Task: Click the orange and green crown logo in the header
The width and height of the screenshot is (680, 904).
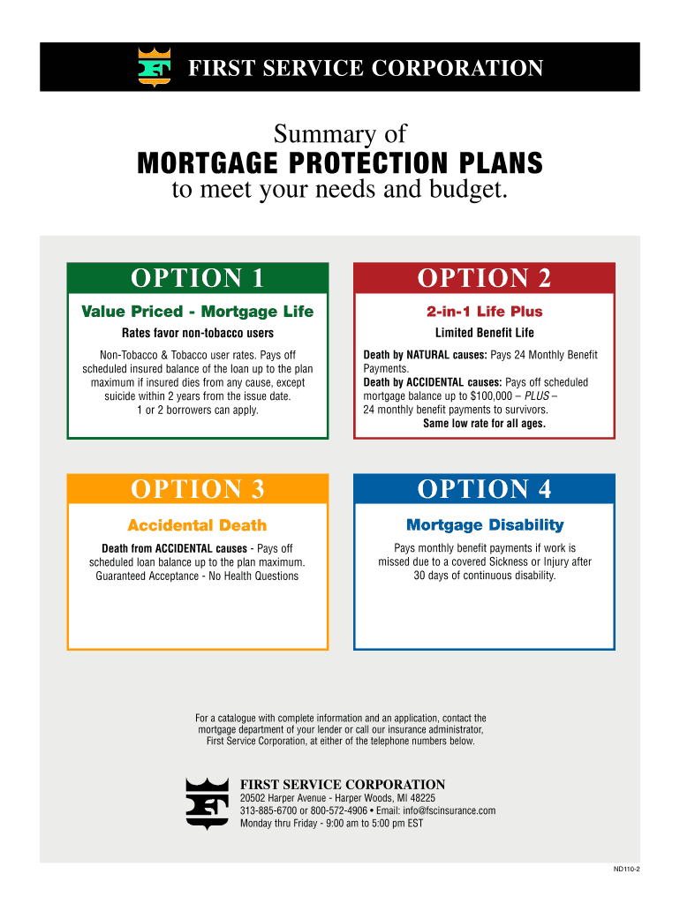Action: (154, 67)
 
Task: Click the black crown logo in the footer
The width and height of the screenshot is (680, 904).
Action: (207, 803)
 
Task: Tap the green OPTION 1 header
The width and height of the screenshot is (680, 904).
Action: (197, 278)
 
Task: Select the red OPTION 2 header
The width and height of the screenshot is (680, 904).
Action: (484, 278)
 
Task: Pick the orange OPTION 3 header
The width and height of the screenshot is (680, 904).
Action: (197, 489)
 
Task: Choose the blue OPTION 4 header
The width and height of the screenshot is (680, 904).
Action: (484, 489)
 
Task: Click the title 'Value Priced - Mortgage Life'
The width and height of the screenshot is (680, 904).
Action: (197, 312)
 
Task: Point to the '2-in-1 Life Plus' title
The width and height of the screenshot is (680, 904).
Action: (485, 312)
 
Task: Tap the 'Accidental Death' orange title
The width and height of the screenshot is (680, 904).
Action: (197, 525)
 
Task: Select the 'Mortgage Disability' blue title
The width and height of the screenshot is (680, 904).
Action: (485, 525)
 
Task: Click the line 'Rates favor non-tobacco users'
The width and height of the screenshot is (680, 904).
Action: (198, 333)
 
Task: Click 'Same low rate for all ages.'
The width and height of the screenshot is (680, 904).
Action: (485, 423)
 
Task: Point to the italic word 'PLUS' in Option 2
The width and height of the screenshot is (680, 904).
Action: (537, 396)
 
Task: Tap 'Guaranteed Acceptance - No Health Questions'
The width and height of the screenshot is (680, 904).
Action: (197, 576)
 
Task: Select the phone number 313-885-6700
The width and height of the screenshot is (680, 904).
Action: (268, 810)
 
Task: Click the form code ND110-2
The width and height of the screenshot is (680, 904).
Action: (626, 869)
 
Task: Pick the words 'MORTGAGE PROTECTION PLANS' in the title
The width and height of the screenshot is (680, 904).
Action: (340, 163)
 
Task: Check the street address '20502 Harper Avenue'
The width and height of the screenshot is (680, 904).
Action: (283, 798)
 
